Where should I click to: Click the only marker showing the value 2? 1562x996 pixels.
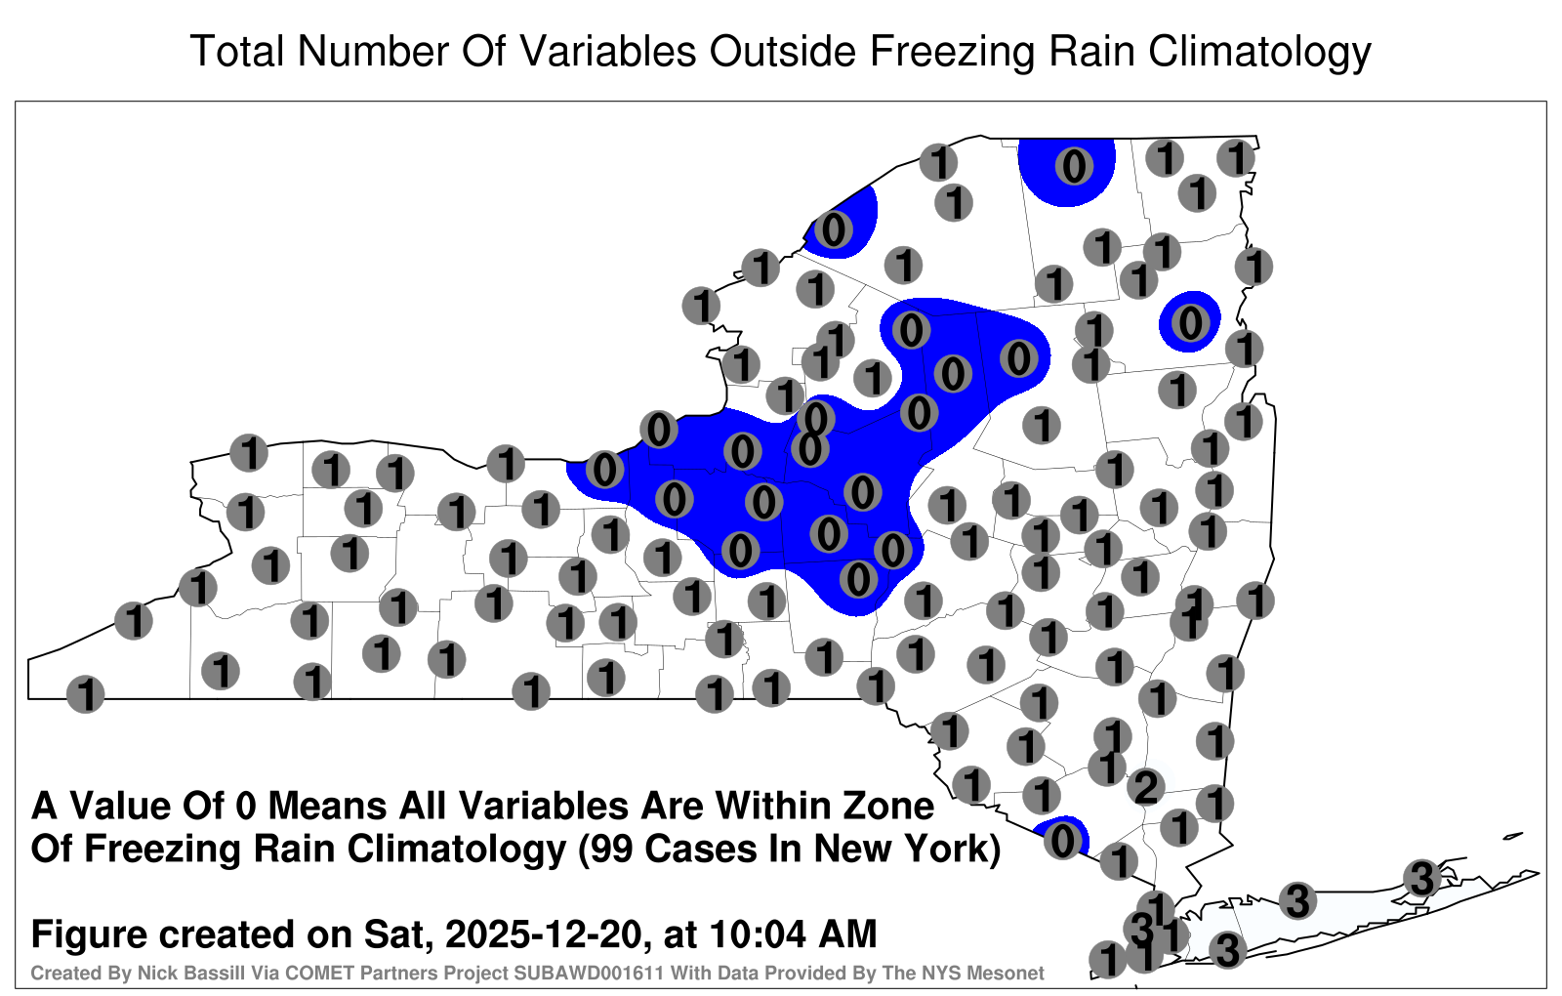click(x=1146, y=787)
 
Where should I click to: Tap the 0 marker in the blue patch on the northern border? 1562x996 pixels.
click(x=1074, y=166)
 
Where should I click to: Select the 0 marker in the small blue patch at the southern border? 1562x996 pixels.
click(x=1063, y=841)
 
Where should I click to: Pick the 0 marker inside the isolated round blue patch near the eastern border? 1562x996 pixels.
click(x=1190, y=323)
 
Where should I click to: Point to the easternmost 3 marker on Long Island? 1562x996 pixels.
click(x=1421, y=878)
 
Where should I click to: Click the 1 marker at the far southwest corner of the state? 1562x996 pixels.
click(x=85, y=694)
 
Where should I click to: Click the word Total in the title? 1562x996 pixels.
click(x=237, y=51)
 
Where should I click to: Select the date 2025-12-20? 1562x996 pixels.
click(x=543, y=934)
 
